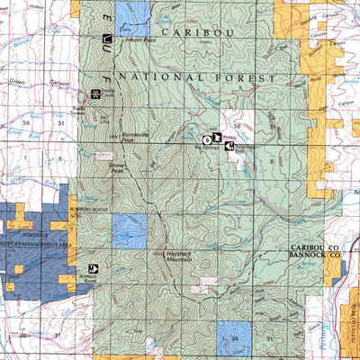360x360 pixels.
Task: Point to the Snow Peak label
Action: pyautogui.click(x=119, y=167)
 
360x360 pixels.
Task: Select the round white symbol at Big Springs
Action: pyautogui.click(x=206, y=139)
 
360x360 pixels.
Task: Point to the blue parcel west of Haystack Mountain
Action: pyautogui.click(x=128, y=232)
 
